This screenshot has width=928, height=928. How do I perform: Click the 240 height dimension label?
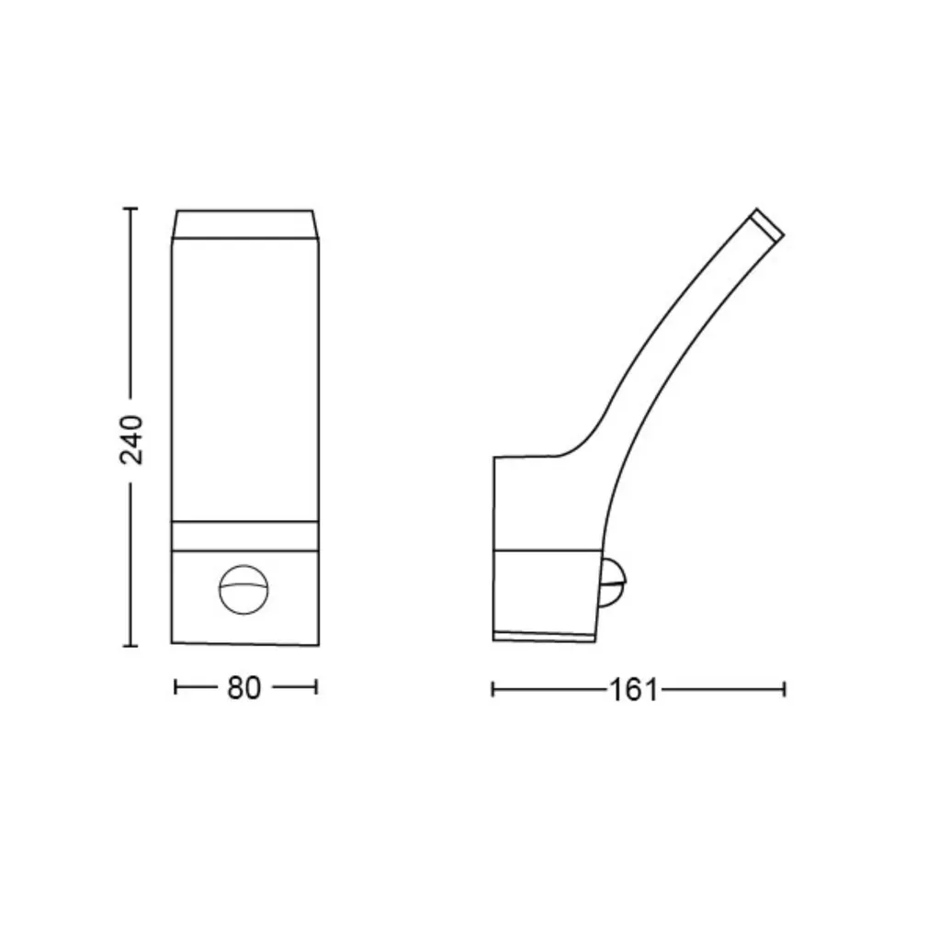[x=131, y=440]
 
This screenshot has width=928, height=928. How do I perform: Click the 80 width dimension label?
[x=243, y=688]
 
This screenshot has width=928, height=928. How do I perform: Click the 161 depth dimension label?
[x=633, y=690]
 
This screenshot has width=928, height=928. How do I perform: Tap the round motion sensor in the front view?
[x=243, y=590]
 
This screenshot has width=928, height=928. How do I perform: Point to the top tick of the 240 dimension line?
[x=130, y=209]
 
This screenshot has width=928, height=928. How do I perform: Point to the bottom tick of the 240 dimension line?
[x=130, y=646]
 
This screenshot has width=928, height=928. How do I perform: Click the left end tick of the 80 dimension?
[x=175, y=687]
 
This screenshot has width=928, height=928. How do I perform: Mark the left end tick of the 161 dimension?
[x=492, y=689]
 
